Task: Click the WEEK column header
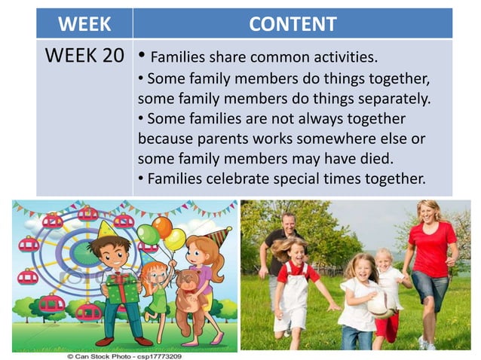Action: click(x=84, y=24)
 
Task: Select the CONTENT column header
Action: click(x=293, y=24)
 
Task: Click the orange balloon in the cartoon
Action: click(x=162, y=227)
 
